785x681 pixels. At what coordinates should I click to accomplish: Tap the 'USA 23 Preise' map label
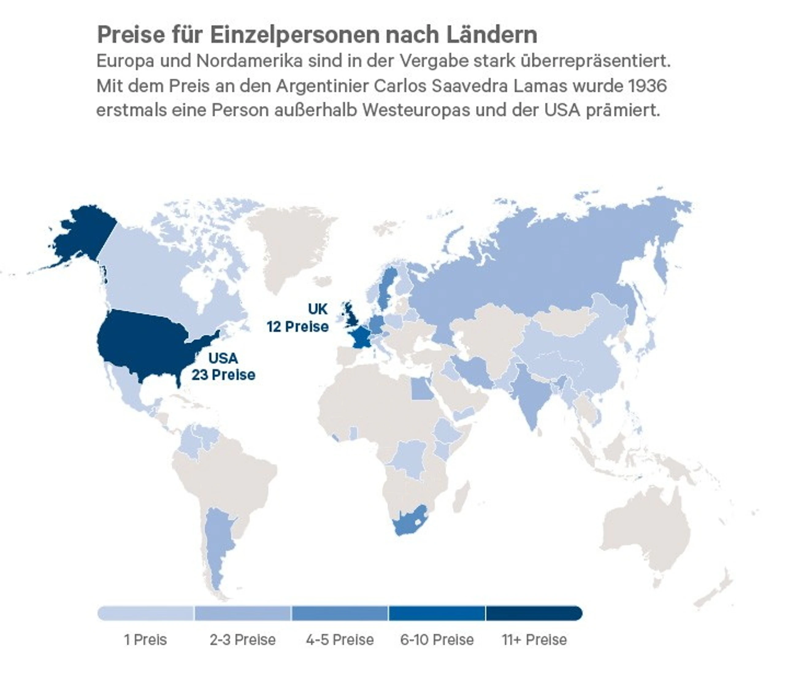pos(224,367)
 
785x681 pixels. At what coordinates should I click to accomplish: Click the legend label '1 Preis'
pos(146,640)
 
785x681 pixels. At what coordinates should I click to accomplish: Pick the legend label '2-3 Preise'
pos(243,640)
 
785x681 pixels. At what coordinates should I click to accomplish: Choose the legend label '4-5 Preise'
pos(340,640)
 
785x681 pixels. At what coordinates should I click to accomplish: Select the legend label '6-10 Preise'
pos(437,640)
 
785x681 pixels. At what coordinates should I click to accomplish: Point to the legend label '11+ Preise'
pos(534,640)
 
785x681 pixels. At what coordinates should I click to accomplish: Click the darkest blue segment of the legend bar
pos(534,613)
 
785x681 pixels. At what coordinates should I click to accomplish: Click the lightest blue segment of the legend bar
pos(146,613)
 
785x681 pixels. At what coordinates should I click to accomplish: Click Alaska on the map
pos(82,232)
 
